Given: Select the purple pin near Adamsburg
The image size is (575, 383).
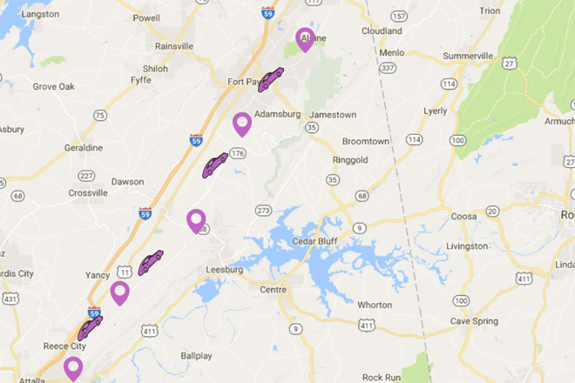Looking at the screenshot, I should pos(242,124).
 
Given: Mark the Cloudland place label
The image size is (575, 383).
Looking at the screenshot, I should pos(382,30).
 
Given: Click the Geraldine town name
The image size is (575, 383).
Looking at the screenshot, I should pos(84,148).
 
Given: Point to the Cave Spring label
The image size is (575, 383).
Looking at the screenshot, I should pos(473,321).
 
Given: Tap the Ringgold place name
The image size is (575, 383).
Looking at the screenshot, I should pos(353,160).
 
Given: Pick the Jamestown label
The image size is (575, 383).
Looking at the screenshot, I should pos(333,115).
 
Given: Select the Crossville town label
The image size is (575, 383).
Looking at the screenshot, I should pos(88,192).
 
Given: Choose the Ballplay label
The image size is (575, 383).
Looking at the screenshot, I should pos(196,356).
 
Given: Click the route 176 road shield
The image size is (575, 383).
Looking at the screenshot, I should pos(238,153).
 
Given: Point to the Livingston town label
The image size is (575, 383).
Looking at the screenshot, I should pos(467,246).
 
